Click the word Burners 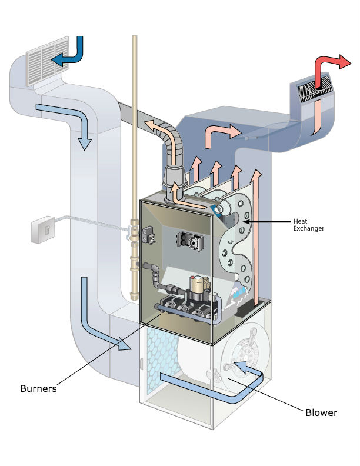coord(38,388)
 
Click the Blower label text coord(321,412)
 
